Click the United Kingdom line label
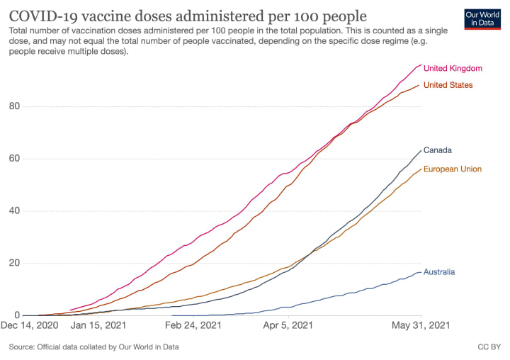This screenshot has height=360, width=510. click(x=452, y=69)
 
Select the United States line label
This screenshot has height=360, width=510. click(x=448, y=85)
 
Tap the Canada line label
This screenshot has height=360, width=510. click(x=437, y=150)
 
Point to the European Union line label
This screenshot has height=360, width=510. click(x=452, y=169)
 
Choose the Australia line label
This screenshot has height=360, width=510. click(x=439, y=272)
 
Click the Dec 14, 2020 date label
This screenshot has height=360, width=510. click(x=31, y=327)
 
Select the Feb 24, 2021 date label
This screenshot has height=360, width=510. click(x=193, y=327)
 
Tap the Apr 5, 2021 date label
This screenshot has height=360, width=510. click(x=288, y=327)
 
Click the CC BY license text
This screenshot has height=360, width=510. click(x=489, y=347)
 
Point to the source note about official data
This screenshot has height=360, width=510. click(x=93, y=347)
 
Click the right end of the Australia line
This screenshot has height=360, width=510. click(x=421, y=272)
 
